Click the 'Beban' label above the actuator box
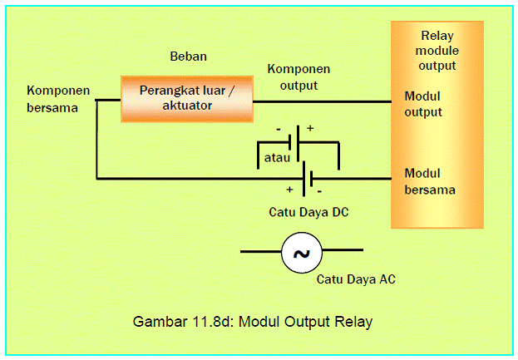tap(188, 57)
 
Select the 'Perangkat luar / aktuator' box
tap(187, 99)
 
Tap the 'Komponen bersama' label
tap(58, 99)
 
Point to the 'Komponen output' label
tap(298, 77)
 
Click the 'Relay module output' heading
tap(437, 51)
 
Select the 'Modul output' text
tap(423, 104)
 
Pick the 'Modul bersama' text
tap(430, 181)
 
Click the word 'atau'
tap(277, 157)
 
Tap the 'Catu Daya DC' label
tap(308, 212)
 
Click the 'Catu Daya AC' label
tap(356, 279)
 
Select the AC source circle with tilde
tap(302, 253)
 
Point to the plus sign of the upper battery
tap(310, 128)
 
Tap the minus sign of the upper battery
tap(279, 129)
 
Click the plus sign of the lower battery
tap(289, 190)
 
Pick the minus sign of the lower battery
tap(319, 191)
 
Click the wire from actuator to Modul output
tap(323, 101)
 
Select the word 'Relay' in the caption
tap(353, 322)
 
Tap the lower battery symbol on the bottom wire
tap(308, 179)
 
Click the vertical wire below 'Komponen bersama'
tap(96, 140)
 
